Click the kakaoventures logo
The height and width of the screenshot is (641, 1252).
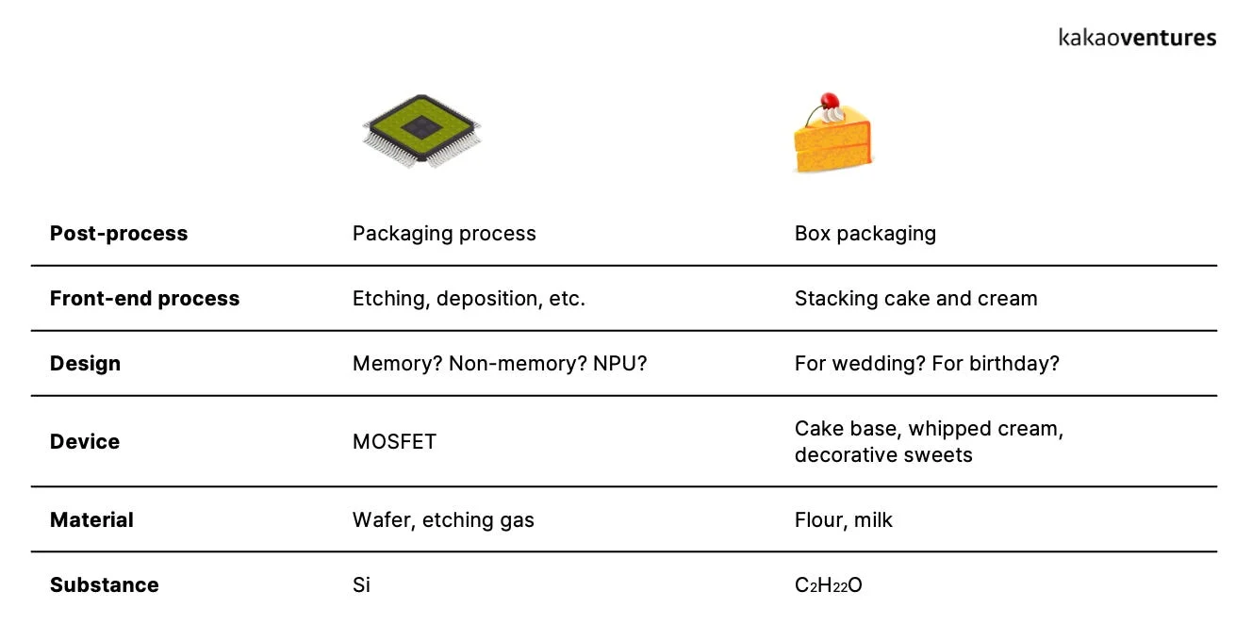pyautogui.click(x=1137, y=38)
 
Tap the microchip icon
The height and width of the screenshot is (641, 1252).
pyautogui.click(x=421, y=130)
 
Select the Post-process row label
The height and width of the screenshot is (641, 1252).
pyautogui.click(x=119, y=234)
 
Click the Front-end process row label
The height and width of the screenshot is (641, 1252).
pyautogui.click(x=144, y=299)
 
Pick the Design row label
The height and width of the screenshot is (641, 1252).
pyautogui.click(x=85, y=364)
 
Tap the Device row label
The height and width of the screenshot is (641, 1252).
pyautogui.click(x=85, y=442)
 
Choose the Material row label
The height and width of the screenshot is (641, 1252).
pyautogui.click(x=91, y=520)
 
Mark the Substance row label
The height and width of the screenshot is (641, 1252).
pyautogui.click(x=104, y=585)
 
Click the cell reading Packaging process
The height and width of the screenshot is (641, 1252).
pyautogui.click(x=444, y=234)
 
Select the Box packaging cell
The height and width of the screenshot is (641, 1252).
pyautogui.click(x=865, y=234)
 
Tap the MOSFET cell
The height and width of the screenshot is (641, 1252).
pyautogui.click(x=394, y=442)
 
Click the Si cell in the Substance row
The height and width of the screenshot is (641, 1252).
pyautogui.click(x=361, y=585)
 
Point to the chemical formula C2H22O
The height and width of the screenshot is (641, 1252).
pyautogui.click(x=828, y=585)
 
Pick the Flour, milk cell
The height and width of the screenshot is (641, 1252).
pyautogui.click(x=843, y=520)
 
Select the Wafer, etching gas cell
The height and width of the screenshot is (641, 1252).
pyautogui.click(x=443, y=520)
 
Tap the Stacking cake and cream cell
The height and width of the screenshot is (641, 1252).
pyautogui.click(x=915, y=299)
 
